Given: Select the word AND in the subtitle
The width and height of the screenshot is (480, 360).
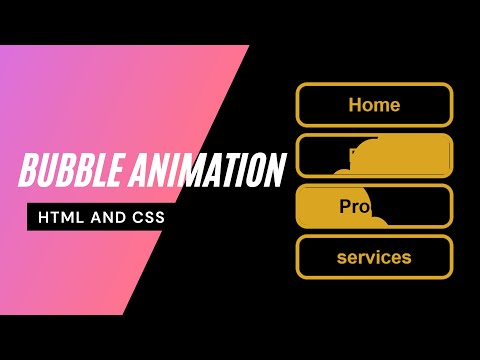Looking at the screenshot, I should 105,218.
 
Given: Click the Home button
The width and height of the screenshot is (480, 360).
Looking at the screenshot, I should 374,104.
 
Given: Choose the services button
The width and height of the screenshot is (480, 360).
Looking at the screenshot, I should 374,257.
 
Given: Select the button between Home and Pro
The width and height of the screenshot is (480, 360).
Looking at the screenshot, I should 374,155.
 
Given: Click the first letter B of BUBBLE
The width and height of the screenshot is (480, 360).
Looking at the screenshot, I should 27,171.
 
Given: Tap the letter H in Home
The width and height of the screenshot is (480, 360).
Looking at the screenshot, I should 355,104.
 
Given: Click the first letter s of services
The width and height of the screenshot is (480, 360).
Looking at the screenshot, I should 341,258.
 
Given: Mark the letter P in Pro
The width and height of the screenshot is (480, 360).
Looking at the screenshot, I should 344,207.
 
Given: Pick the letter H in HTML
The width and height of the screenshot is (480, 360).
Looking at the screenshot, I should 43,218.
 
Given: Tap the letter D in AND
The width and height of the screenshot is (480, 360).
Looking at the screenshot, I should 116,218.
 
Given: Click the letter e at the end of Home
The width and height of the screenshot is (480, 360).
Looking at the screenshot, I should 394,105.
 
